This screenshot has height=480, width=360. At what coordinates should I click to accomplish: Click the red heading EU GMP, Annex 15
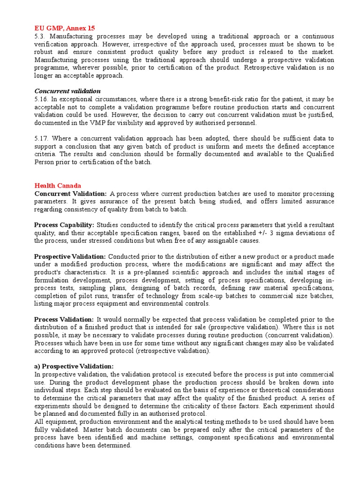(x=65, y=28)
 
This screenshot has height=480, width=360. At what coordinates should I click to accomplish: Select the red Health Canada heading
(x=58, y=186)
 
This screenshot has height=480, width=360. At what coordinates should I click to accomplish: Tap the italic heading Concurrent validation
(x=67, y=91)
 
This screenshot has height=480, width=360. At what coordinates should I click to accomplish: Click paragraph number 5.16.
(x=41, y=99)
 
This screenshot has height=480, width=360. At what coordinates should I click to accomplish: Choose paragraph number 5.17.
(x=41, y=138)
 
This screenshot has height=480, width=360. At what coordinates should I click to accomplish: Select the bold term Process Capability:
(x=64, y=225)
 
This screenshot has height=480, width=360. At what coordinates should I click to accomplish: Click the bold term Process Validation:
(x=64, y=319)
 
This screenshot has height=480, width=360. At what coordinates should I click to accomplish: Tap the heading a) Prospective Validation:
(x=74, y=367)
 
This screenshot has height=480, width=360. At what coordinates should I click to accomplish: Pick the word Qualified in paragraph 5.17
(x=318, y=154)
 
